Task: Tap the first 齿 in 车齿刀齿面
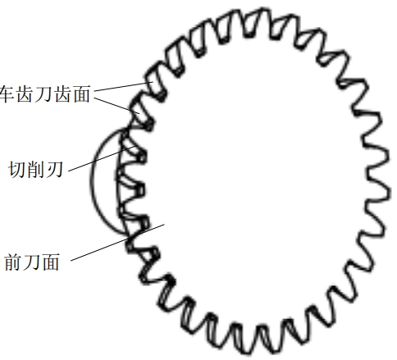25,94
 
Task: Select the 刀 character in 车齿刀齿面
44,94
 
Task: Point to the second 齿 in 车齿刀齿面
63,94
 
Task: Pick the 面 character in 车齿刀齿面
81,94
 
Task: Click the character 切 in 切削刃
17,170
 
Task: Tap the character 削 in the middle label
36,170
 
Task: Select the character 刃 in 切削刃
55,170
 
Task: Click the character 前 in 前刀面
13,262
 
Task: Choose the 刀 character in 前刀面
32,262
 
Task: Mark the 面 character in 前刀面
51,262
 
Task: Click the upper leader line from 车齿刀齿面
123,86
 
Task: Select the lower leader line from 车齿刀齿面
116,105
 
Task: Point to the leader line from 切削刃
102,158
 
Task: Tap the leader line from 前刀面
117,242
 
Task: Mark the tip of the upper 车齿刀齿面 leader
153,82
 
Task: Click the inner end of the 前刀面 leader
164,224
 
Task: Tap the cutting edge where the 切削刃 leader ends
135,146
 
